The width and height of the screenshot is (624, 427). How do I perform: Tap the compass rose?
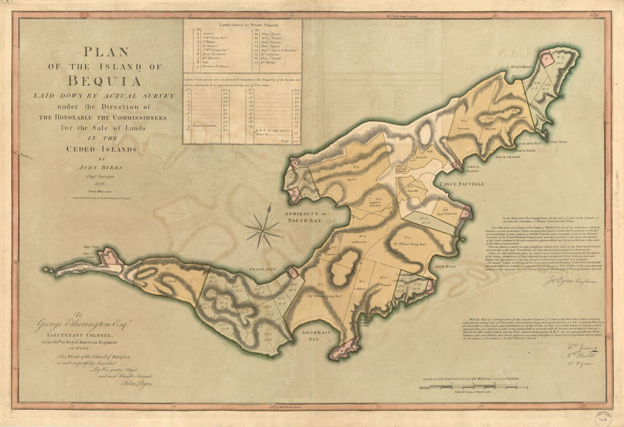pyautogui.click(x=262, y=228)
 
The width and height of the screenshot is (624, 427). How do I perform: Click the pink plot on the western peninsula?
pyautogui.click(x=110, y=259)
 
